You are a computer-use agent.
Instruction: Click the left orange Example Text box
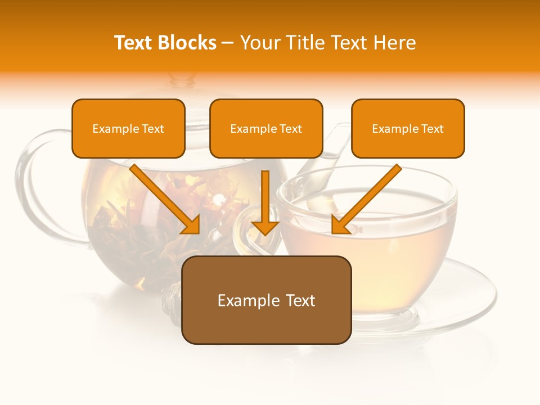pyautogui.click(x=128, y=129)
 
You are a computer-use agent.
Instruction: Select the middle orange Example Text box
pyautogui.click(x=266, y=129)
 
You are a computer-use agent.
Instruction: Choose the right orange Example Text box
pyautogui.click(x=408, y=129)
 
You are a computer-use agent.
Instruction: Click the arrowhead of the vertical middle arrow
pyautogui.click(x=265, y=227)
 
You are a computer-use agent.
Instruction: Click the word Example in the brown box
pyautogui.click(x=241, y=300)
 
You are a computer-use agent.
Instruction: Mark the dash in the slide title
pyautogui.click(x=228, y=43)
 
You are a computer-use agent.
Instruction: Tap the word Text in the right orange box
pyautogui.click(x=432, y=129)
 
